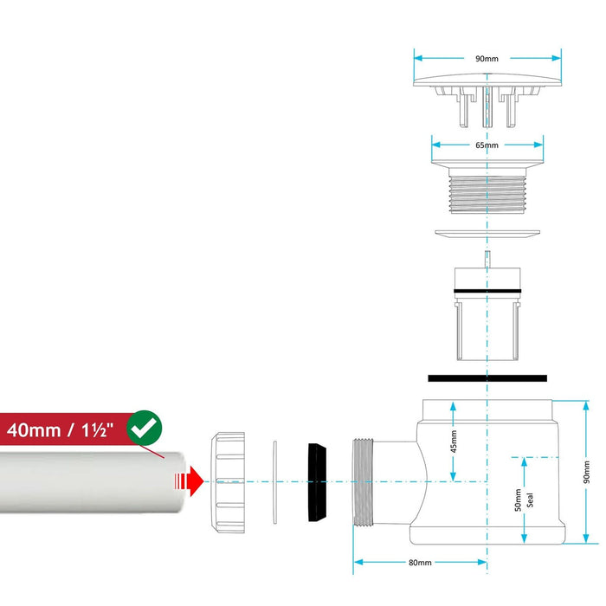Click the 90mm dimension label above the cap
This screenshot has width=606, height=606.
click(487, 59)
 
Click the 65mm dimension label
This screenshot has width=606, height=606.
click(487, 145)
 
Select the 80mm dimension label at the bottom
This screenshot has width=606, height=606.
click(420, 563)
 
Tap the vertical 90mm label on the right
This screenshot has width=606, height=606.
click(586, 473)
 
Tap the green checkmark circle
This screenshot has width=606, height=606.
click(144, 427)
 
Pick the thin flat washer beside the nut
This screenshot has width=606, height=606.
click(274, 480)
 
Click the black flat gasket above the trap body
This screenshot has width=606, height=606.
click(487, 377)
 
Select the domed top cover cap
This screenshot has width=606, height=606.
click(487, 82)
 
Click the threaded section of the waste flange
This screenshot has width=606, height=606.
click(487, 193)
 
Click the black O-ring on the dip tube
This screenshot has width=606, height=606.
click(487, 290)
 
